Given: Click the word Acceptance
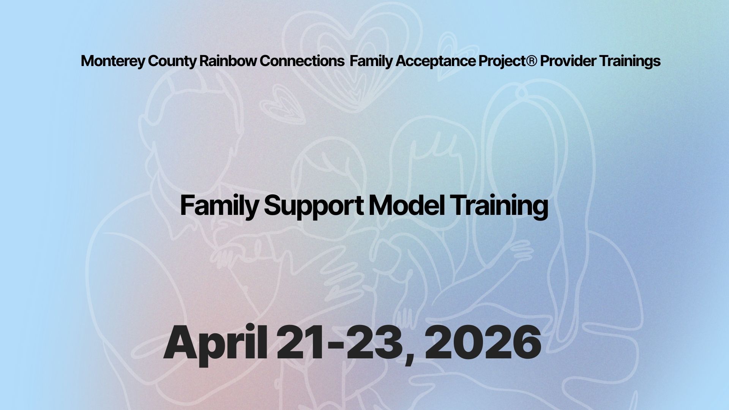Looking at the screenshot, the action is tap(435, 61).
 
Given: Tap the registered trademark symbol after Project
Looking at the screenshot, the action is tap(532, 60).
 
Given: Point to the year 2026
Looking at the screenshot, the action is tap(483, 343).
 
